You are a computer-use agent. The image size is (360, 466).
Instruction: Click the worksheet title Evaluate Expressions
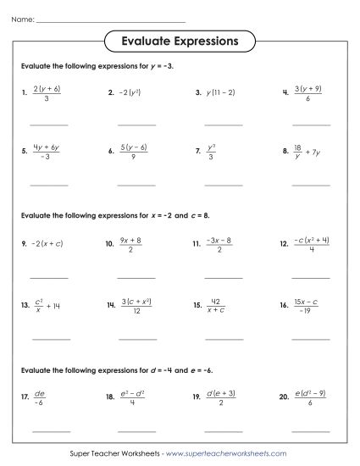pos(179,40)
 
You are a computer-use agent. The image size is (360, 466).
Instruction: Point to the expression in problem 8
pos(307,153)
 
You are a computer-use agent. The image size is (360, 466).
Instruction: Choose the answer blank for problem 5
pos(49,184)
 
